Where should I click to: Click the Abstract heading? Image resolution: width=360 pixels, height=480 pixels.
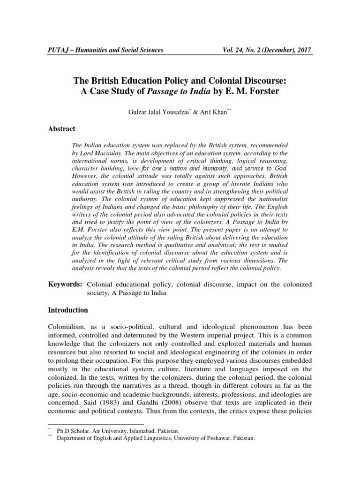coord(62,128)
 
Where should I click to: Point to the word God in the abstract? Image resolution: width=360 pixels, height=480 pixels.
coord(280,168)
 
